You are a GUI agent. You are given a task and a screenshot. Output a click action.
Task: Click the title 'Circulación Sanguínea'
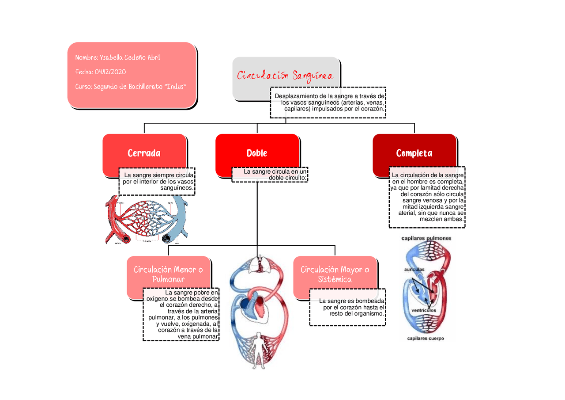286,76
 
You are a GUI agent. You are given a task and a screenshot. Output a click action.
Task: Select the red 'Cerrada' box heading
144,153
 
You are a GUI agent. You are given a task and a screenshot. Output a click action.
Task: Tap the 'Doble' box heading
257,153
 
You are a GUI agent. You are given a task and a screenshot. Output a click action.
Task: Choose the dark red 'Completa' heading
414,153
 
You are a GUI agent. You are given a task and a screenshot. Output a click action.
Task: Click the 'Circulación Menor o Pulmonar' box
168,274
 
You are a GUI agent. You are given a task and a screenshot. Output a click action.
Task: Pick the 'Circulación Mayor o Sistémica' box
335,274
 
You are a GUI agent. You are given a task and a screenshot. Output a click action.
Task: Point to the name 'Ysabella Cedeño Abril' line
118,57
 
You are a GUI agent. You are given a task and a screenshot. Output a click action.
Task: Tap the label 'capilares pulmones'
426,238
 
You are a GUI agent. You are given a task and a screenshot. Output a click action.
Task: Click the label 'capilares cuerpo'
426,339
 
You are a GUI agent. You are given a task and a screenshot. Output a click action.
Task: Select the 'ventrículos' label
424,310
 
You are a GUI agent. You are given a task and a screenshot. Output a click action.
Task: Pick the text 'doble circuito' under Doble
287,178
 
